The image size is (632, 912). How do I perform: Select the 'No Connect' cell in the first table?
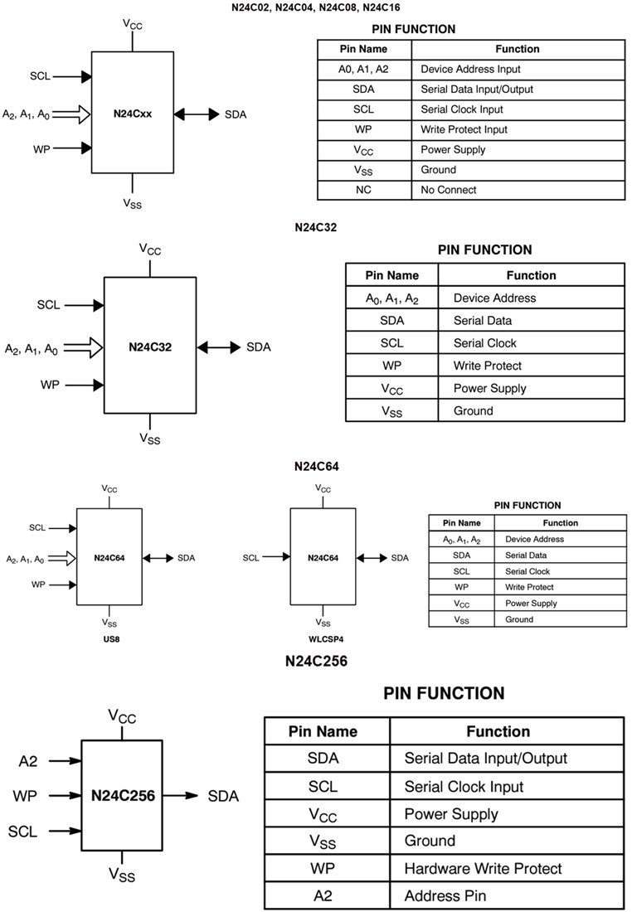[x=448, y=190]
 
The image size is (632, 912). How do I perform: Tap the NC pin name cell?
[x=364, y=190]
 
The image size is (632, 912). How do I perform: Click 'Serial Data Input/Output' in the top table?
[x=477, y=90]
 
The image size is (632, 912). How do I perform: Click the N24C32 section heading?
[x=315, y=226]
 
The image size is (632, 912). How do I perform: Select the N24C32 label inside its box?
[x=150, y=347]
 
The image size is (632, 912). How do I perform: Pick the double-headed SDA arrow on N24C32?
[x=218, y=347]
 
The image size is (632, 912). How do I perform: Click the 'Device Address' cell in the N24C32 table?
[x=494, y=298]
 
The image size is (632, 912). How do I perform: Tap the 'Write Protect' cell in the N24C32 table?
[x=487, y=366]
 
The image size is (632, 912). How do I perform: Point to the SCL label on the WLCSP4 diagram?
[x=250, y=558]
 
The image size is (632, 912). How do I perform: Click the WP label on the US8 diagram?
[x=38, y=585]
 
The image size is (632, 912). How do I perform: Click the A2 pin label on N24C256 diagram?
[x=28, y=761]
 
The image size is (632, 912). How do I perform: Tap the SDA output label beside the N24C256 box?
[x=223, y=797]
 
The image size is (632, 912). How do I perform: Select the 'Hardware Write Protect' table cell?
[x=483, y=869]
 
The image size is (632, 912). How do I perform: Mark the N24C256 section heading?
[x=315, y=661]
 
